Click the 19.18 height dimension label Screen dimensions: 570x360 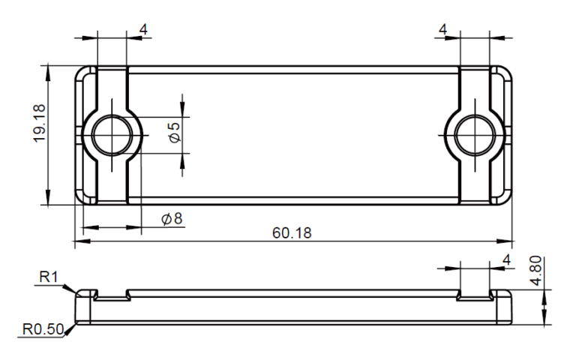click(40, 124)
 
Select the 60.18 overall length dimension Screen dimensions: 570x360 click(292, 232)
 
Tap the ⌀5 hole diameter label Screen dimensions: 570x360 click(175, 132)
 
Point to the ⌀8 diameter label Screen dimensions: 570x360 click(172, 218)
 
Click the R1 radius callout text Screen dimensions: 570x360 click(49, 277)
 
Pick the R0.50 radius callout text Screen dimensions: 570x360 click(43, 329)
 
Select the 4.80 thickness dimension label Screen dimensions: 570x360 click(536, 271)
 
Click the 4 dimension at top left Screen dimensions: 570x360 click(143, 29)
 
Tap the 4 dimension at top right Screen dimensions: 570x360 click(442, 29)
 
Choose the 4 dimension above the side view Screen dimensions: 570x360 click(506, 260)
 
